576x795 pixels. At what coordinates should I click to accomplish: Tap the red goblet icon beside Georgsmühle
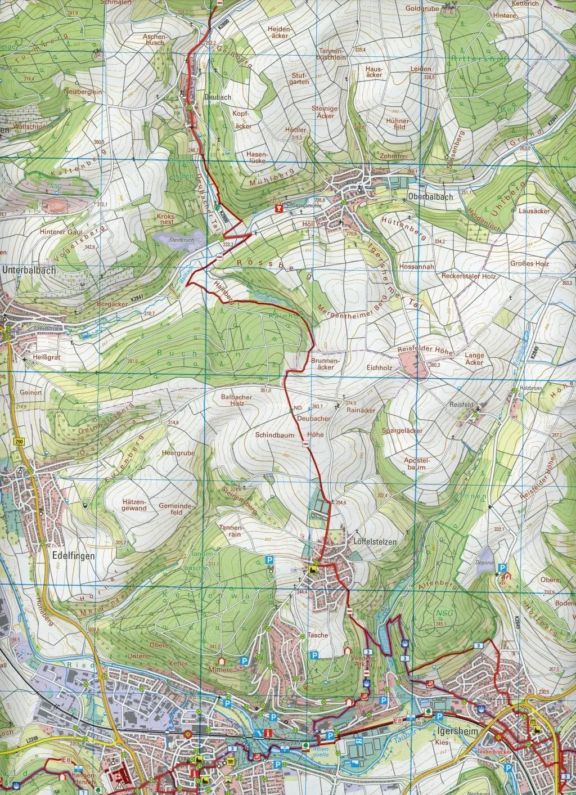(x=277, y=209)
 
